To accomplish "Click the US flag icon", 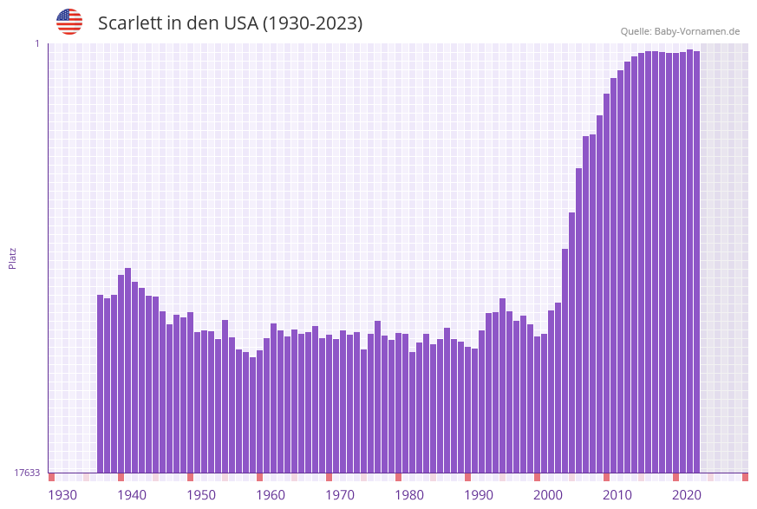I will pos(69,22).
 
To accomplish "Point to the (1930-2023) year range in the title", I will pos(312,23).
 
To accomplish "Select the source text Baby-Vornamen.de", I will pos(697,31).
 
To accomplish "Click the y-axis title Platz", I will pos(13,258).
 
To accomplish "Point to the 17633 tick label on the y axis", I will pos(27,473).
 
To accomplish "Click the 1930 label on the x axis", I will pos(62,495).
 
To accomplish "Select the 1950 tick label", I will pos(201,495).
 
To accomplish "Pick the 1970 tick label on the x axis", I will pos(340,495).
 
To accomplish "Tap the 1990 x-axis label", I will pos(479,495).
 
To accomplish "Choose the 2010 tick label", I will pos(617,495).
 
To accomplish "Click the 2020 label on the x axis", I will pos(687,495).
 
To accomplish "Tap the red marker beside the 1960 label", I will pos(260,477).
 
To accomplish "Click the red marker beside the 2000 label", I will pos(538,477).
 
